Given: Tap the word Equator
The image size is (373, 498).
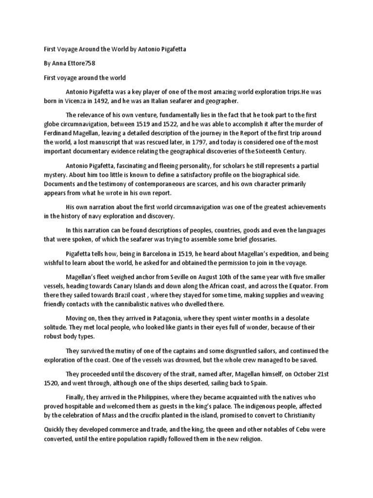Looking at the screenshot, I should pos(295,286).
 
